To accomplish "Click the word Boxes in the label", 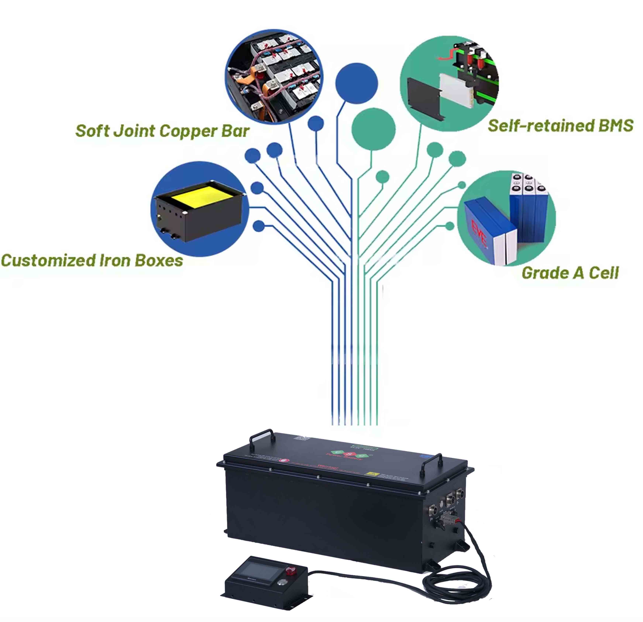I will [x=159, y=261].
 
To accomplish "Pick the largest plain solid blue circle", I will [x=357, y=84].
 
